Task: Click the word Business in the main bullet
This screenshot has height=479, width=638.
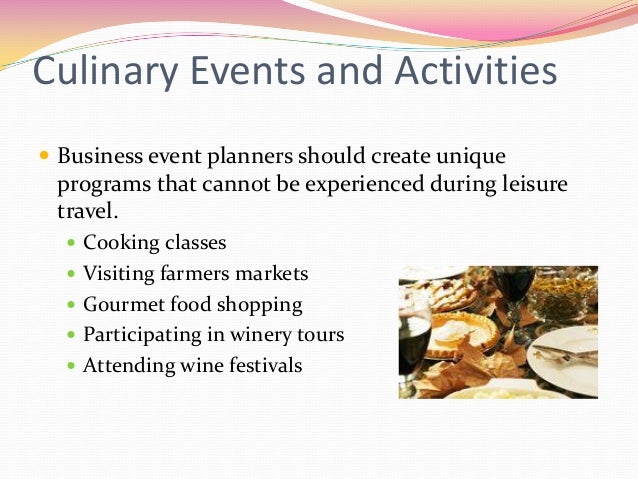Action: pos(98,158)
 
